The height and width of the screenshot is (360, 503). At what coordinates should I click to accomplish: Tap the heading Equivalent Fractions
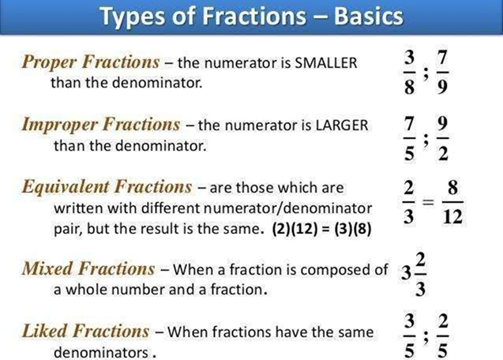pos(107,187)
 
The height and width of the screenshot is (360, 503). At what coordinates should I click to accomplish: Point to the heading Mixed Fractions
pos(88,268)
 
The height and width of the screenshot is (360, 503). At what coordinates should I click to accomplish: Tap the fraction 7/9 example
pos(442,73)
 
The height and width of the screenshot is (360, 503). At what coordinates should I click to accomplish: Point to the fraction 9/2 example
pos(443,136)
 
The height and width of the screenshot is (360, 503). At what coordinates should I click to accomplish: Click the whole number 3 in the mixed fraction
pos(405,275)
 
